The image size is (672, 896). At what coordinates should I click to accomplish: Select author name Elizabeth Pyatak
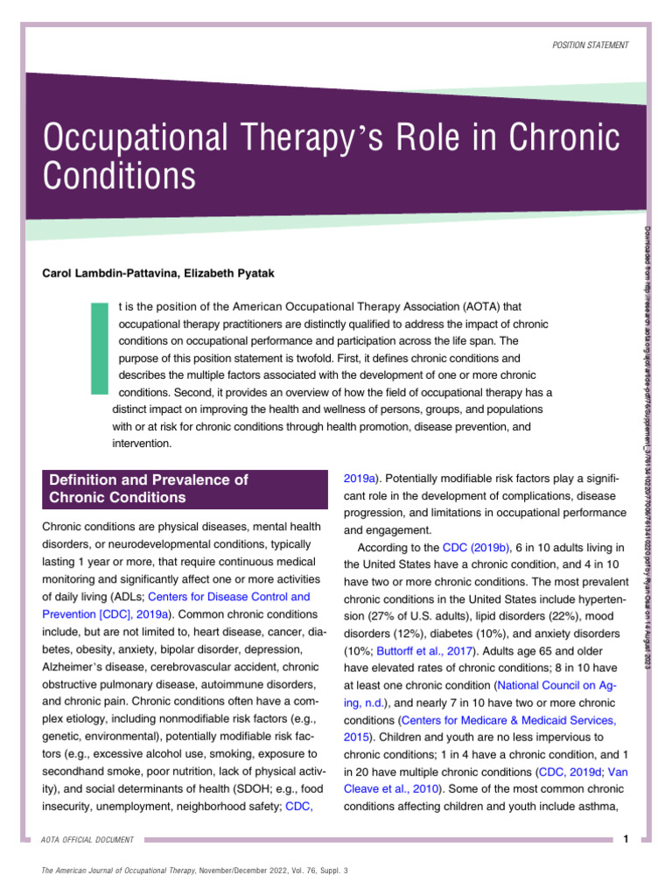pyautogui.click(x=230, y=274)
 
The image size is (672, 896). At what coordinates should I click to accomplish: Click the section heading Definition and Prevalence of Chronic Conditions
pyautogui.click(x=149, y=488)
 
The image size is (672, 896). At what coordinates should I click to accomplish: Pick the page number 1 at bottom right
pyautogui.click(x=626, y=839)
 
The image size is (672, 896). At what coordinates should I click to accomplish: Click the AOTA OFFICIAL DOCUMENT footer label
pyautogui.click(x=88, y=840)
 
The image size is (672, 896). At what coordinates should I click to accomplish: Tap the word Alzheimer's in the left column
pyautogui.click(x=74, y=667)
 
